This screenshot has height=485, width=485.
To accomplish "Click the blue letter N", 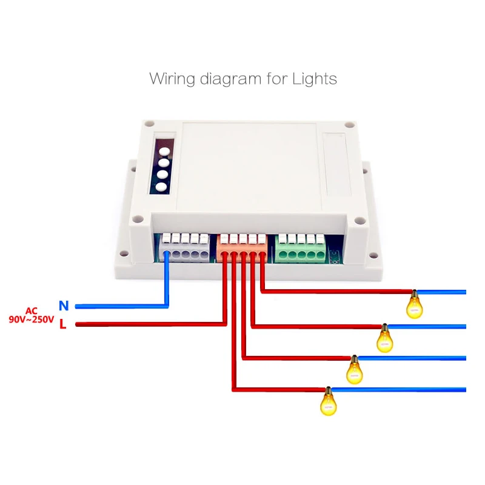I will [x=63, y=306].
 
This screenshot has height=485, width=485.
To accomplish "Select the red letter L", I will [x=62, y=325].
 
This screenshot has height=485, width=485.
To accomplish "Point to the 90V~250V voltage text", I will [x=31, y=319].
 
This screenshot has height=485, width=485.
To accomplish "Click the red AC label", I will [x=32, y=310].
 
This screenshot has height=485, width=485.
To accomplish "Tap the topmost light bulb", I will [x=415, y=304].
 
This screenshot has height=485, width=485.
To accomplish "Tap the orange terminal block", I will [x=242, y=248].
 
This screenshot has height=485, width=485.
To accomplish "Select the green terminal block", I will [x=301, y=248].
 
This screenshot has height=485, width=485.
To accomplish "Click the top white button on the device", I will [x=161, y=148].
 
